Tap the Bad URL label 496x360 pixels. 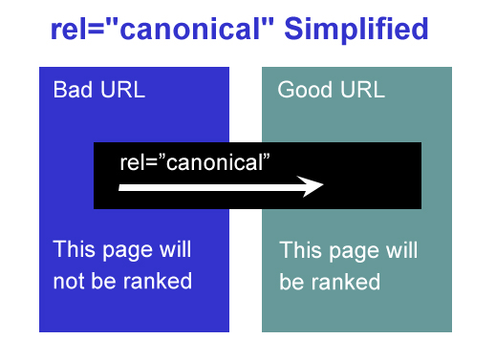98,91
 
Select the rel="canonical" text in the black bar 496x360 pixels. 197,161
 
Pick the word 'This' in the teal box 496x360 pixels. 300,252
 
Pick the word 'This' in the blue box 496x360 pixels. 74,250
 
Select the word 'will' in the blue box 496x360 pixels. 174,250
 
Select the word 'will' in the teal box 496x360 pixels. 400,252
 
